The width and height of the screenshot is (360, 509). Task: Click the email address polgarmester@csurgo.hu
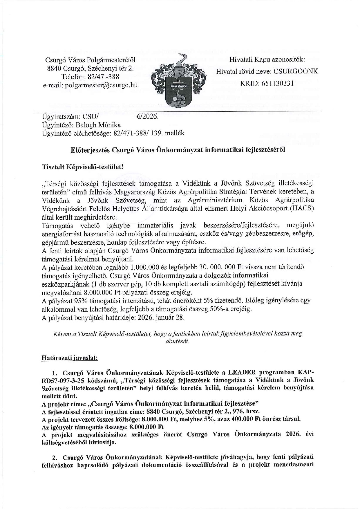101,85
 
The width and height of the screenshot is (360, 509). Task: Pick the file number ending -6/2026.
147,117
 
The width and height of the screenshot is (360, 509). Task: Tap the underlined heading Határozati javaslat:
70,358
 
